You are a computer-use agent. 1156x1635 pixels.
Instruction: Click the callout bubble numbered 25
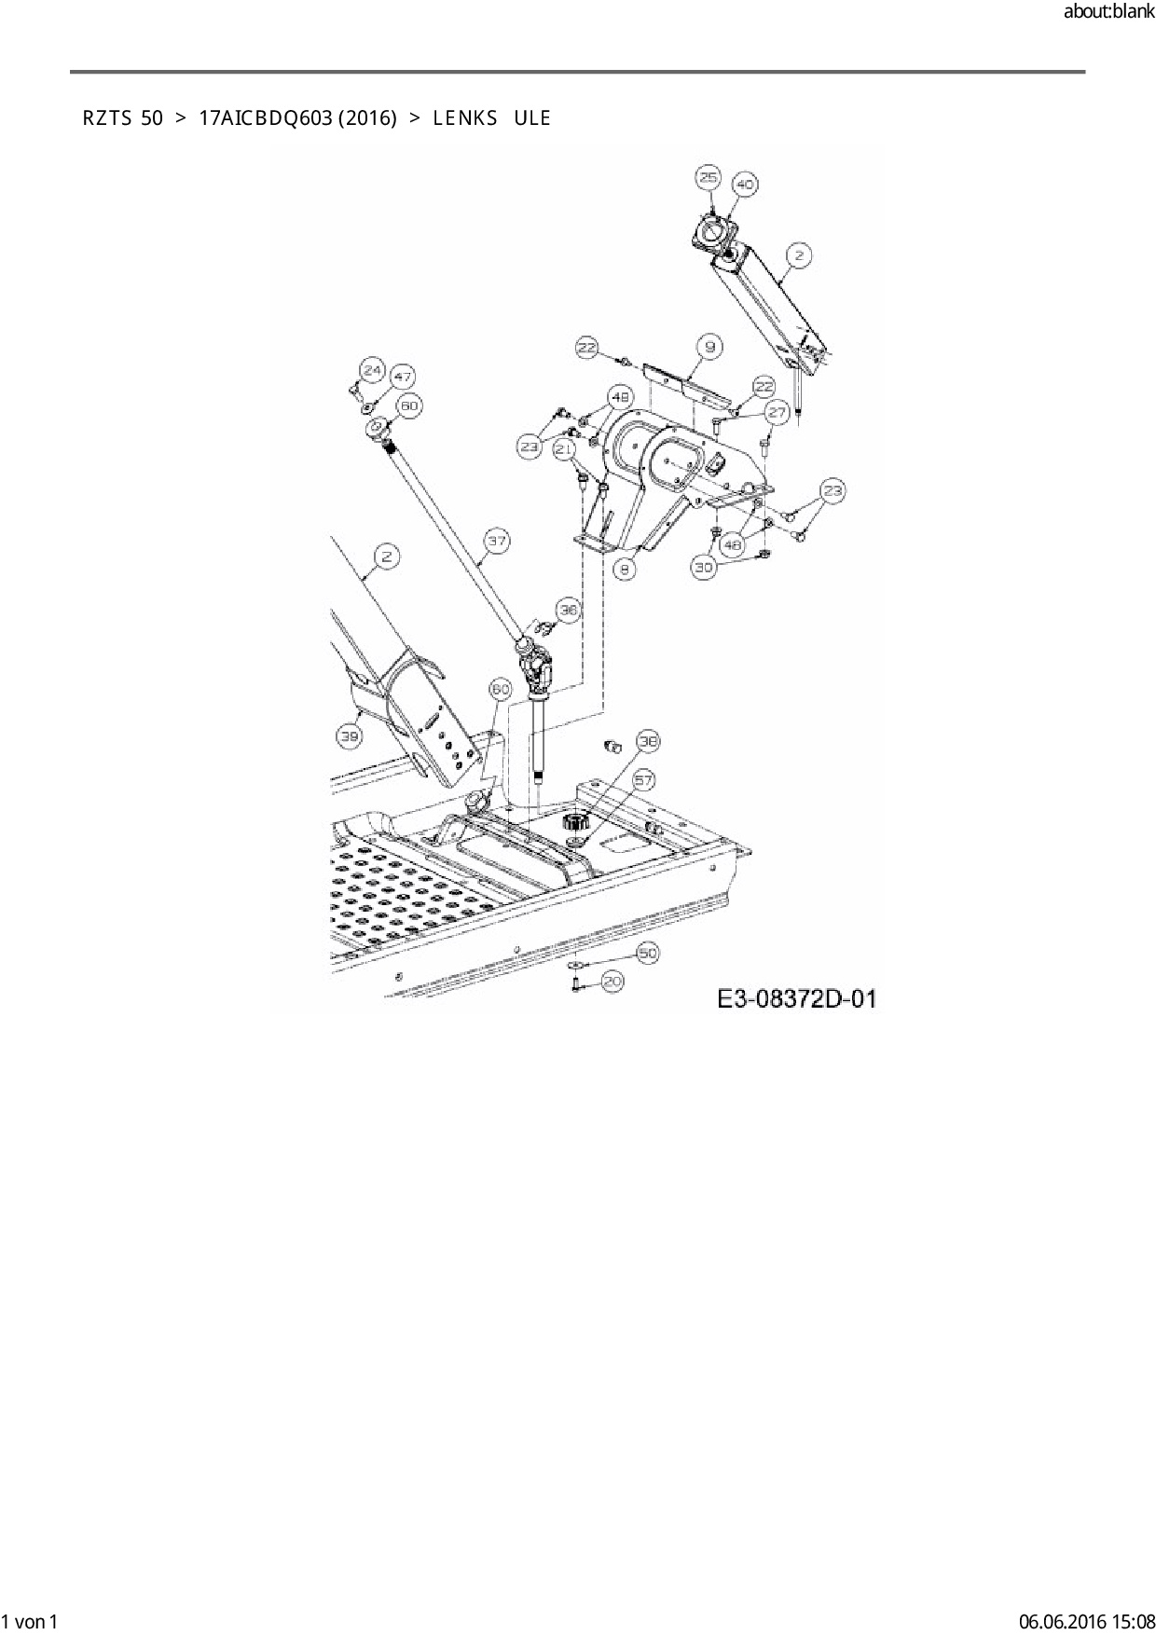(709, 178)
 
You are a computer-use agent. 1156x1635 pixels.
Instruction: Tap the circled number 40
(745, 185)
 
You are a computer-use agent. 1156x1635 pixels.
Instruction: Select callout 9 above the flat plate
(709, 348)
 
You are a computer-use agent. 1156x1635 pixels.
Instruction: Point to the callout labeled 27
(778, 412)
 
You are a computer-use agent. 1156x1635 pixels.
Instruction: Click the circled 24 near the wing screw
(372, 371)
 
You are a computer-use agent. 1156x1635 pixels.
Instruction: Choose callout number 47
(402, 378)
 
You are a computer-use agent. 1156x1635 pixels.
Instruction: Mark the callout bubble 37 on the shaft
(497, 540)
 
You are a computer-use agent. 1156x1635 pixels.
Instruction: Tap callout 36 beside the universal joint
(569, 610)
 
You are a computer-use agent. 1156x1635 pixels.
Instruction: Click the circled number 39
(350, 736)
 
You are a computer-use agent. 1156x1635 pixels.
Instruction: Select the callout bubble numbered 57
(644, 779)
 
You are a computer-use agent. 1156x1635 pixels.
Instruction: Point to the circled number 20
(612, 981)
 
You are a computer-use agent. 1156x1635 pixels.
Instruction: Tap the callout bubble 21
(564, 449)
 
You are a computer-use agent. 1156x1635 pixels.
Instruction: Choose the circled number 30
(705, 566)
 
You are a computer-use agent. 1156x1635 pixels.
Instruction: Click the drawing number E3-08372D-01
(797, 999)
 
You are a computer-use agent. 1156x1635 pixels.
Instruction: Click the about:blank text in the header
(1108, 12)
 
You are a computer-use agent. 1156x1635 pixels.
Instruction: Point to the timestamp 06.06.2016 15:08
(1086, 1622)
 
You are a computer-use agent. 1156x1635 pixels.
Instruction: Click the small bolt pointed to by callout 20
(576, 982)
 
